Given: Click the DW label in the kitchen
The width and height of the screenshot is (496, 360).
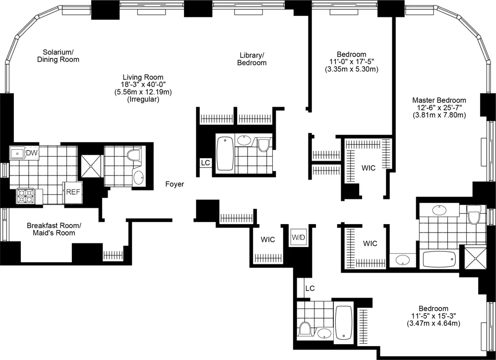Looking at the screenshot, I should [x=32, y=152].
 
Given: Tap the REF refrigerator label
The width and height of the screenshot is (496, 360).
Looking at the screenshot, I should [x=73, y=191].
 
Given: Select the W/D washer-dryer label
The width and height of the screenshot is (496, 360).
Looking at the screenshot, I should [x=298, y=237].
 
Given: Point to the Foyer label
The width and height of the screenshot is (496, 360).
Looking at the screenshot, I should [x=175, y=184].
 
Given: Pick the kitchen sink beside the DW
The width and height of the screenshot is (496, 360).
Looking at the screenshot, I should [x=17, y=153].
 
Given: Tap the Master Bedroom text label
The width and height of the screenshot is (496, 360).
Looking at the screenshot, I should [x=439, y=100].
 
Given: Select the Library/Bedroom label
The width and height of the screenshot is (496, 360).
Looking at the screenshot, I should [x=251, y=59].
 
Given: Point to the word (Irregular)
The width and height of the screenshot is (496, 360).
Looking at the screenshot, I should [x=143, y=99].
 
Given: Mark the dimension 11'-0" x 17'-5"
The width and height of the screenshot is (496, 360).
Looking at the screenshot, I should [x=352, y=62].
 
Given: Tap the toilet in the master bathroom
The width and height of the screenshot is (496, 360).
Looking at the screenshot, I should [x=474, y=215].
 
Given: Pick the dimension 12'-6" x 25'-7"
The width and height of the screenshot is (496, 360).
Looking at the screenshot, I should [x=439, y=108].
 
